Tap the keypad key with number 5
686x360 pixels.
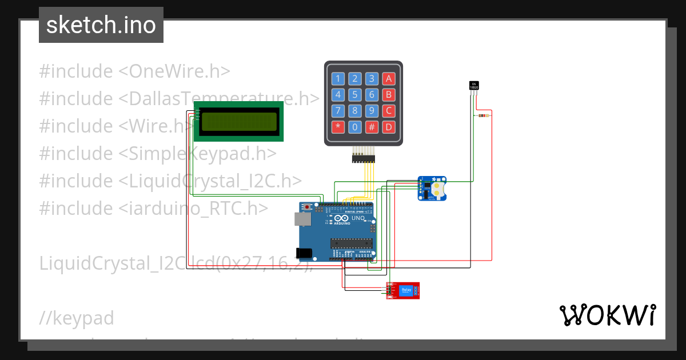[x=355, y=95]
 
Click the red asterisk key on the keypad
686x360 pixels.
[x=338, y=127]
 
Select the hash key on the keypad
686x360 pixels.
[x=372, y=127]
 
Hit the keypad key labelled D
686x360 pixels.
[x=389, y=127]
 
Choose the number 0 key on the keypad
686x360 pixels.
[x=355, y=127]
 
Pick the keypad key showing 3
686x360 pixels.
[x=372, y=79]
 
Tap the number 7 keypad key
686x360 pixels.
[x=338, y=111]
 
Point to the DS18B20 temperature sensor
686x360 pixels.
[x=473, y=86]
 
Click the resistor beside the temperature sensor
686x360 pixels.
[x=483, y=116]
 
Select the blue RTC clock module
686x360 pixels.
[x=432, y=188]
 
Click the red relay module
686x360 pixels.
[x=405, y=290]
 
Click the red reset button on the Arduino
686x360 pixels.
[x=309, y=206]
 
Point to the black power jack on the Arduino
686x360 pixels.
[x=302, y=253]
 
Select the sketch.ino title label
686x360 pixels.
[x=101, y=25]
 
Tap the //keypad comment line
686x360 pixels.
[x=77, y=318]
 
